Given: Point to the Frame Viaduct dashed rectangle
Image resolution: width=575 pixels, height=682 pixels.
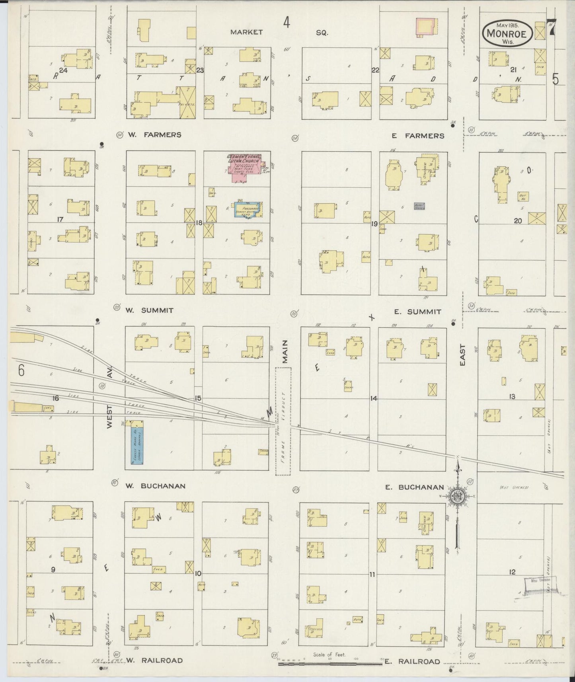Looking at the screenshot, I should click(x=283, y=421).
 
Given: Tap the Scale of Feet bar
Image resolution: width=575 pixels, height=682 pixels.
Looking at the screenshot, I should click(x=330, y=663).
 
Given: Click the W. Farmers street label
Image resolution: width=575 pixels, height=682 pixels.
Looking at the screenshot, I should click(x=154, y=135).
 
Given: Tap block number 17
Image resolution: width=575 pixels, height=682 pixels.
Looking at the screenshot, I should click(x=60, y=219).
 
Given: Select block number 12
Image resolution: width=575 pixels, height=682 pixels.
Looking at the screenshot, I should click(x=512, y=572).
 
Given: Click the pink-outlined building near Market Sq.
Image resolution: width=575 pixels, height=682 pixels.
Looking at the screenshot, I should click(x=425, y=26).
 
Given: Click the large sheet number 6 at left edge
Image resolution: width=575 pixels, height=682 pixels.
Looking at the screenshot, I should click(x=21, y=370).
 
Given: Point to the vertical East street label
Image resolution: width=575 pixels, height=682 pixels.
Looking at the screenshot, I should click(x=463, y=355).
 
